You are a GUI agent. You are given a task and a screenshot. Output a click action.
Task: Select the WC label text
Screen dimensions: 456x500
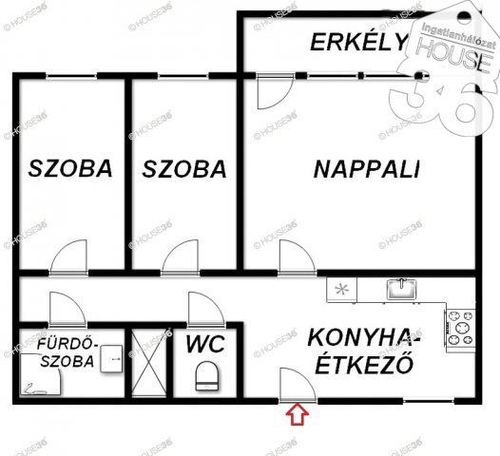(x=204, y=343)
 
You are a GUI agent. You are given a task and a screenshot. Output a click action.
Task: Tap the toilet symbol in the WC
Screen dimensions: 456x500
(x=206, y=378)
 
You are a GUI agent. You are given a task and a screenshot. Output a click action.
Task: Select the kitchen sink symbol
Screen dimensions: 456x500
(x=401, y=287)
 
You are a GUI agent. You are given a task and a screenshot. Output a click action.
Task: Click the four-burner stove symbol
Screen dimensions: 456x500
(x=461, y=327)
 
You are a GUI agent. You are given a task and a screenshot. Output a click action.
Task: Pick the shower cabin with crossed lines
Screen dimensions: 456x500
(x=147, y=362)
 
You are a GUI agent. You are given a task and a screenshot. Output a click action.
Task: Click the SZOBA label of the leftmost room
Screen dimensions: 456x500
(x=70, y=169)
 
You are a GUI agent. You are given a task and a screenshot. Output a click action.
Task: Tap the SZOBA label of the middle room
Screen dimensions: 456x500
(x=184, y=169)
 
